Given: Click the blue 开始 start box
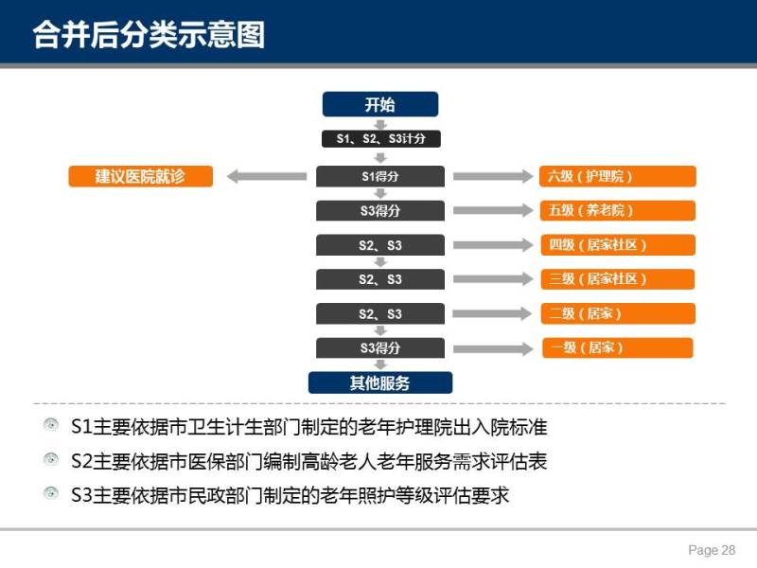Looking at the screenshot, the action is (x=380, y=104).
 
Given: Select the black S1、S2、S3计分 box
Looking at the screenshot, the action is (x=381, y=138).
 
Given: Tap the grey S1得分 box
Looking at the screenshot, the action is (x=380, y=176).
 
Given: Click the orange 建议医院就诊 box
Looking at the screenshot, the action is (x=140, y=176).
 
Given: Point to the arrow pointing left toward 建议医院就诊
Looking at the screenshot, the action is (x=267, y=176).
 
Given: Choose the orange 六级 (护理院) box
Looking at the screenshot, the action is (x=618, y=176).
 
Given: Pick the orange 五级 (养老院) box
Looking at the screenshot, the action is (x=618, y=210).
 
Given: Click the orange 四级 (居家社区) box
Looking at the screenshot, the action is (x=618, y=245).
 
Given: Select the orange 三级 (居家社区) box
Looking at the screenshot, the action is (x=618, y=279).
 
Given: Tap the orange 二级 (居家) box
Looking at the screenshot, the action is (x=619, y=313).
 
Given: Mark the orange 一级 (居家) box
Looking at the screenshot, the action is (x=618, y=347).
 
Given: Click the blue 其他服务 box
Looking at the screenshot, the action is (x=380, y=383).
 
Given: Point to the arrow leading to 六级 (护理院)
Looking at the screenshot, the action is (x=493, y=176).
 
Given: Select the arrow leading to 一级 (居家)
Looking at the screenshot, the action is (x=493, y=348).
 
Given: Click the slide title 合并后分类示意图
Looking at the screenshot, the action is (x=150, y=34).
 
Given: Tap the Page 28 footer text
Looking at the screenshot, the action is (x=712, y=550).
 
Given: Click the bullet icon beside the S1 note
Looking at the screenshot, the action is (x=51, y=425).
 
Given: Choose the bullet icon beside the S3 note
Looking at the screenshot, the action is (x=51, y=493).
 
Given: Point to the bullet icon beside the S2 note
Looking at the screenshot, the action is (x=51, y=459).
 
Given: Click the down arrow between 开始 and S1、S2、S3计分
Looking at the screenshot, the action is (x=380, y=124).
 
